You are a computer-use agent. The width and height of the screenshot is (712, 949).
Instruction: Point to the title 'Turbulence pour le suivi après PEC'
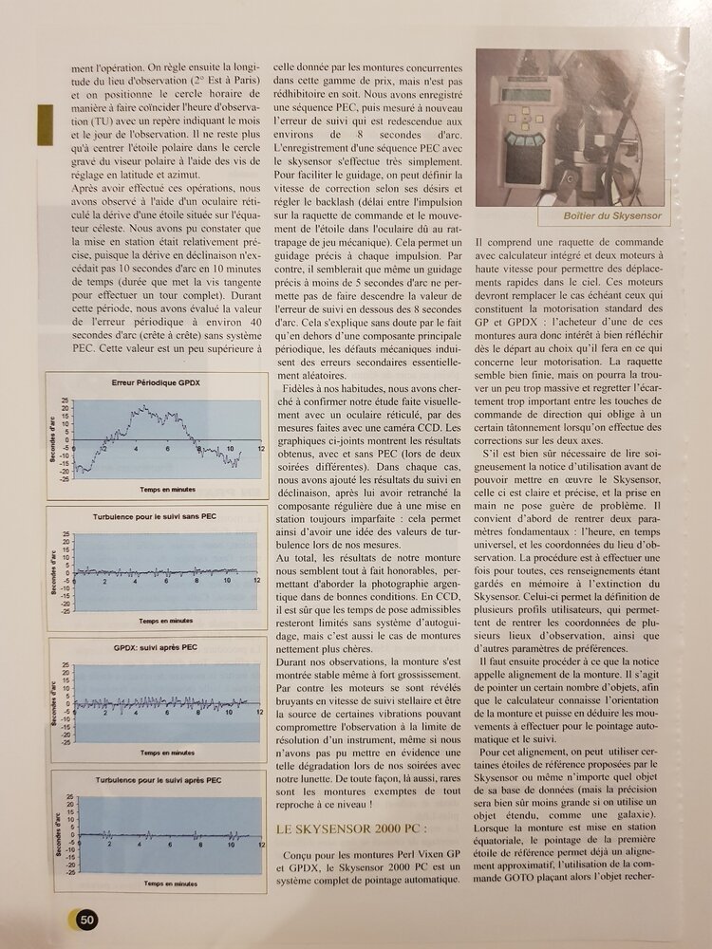pyautogui.click(x=159, y=779)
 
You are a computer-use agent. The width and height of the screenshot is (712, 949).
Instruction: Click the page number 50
pyautogui.click(x=86, y=918)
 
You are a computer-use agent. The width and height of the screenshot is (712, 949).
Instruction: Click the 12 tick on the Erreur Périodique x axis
pyautogui.click(x=259, y=448)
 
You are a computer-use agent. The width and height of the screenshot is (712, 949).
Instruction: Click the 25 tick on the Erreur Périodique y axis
pyautogui.click(x=65, y=400)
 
